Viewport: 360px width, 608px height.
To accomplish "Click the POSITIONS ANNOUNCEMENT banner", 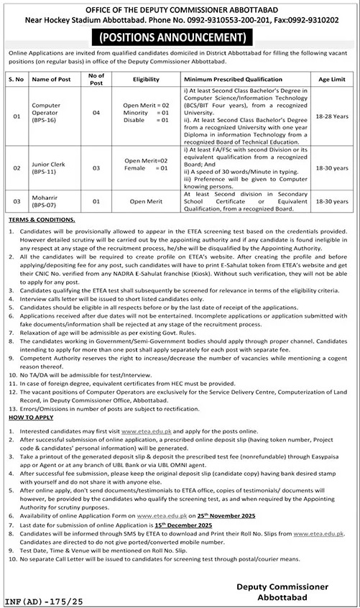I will coord(180,36).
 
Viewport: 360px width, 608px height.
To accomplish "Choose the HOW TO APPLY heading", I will coord(27,415).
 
